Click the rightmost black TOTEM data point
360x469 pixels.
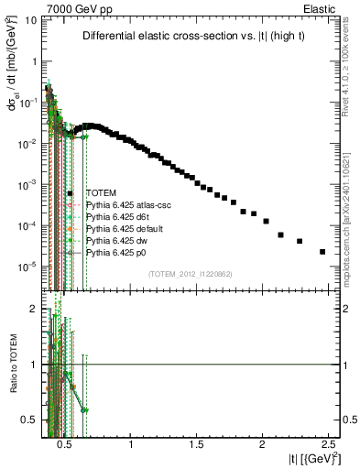[322, 252]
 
